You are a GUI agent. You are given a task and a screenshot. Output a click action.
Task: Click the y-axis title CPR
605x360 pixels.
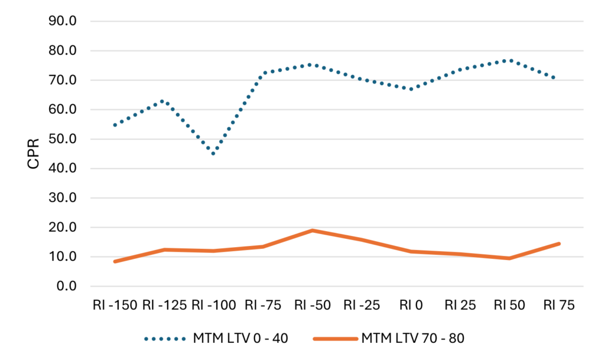pyautogui.click(x=34, y=154)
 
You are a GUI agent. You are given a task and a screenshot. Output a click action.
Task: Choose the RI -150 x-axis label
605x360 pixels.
pyautogui.click(x=115, y=306)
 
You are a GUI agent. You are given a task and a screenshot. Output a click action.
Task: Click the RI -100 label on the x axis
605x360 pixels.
pyautogui.click(x=213, y=306)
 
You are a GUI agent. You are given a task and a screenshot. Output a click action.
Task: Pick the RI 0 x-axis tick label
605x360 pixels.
pyautogui.click(x=411, y=306)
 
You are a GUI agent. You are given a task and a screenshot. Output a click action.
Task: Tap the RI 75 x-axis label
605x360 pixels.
pyautogui.click(x=558, y=306)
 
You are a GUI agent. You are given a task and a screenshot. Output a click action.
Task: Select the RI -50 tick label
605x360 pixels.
pyautogui.click(x=311, y=306)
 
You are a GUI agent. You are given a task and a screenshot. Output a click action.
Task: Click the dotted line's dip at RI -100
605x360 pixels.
pyautogui.click(x=213, y=154)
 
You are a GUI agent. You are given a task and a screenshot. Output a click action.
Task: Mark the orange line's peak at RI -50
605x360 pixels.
pyautogui.click(x=312, y=231)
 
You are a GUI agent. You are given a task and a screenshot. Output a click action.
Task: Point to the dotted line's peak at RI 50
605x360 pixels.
pyautogui.click(x=509, y=60)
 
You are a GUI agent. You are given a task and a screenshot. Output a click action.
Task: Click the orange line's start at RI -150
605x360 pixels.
pyautogui.click(x=115, y=261)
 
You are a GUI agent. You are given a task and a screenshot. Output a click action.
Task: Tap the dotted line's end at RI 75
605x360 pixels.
pyautogui.click(x=558, y=78)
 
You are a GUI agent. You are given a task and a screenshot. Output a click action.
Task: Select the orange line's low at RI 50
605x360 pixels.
pyautogui.click(x=509, y=258)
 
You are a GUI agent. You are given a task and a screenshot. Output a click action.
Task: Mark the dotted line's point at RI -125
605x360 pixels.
pyautogui.click(x=164, y=101)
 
